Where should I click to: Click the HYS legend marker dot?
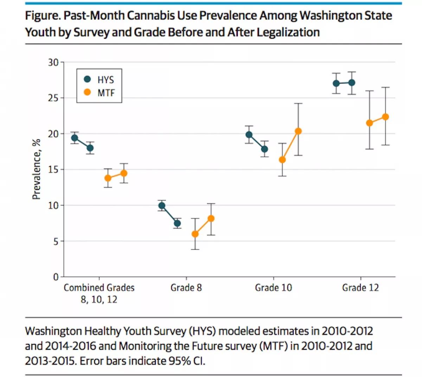88,79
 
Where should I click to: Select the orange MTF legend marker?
88,92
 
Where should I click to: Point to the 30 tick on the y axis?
53,62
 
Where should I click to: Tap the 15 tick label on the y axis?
53,170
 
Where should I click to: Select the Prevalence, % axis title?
36,169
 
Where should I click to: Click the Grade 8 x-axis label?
186,288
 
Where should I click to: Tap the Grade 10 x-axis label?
273,288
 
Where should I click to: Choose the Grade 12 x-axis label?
360,288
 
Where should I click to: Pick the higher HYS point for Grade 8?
162,206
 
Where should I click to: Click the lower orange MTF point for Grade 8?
195,234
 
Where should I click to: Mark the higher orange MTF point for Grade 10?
298,131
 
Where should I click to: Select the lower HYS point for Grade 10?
264,149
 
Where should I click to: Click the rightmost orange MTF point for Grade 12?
385,117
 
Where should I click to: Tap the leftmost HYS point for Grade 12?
336,83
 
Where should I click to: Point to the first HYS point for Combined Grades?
75,138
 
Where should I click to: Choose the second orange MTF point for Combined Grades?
124,173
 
